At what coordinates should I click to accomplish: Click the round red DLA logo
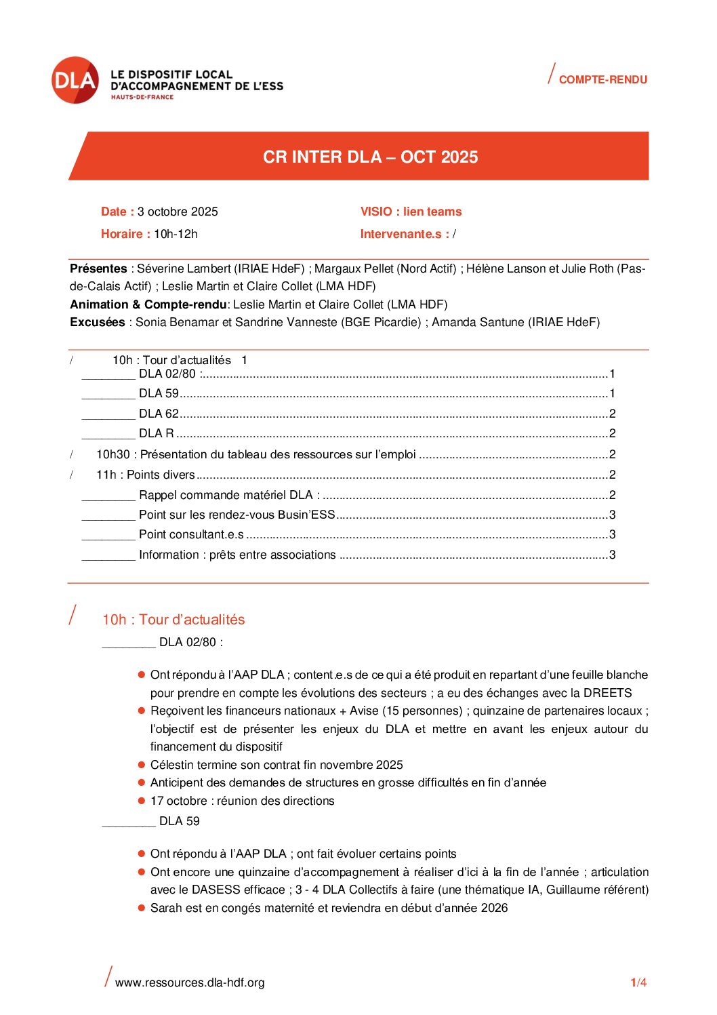[x=75, y=80]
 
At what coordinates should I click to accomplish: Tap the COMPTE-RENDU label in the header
[x=602, y=80]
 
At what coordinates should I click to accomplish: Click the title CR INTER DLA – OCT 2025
[x=370, y=157]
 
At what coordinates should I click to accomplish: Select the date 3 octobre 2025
[x=178, y=212]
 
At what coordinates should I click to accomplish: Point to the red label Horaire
[x=125, y=234]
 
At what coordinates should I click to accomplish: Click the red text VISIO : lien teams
[x=411, y=212]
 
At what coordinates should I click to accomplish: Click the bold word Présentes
[x=98, y=268]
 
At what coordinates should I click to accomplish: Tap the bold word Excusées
[x=98, y=322]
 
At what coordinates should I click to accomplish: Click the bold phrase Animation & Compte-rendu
[x=148, y=304]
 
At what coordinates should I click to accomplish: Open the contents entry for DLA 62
[x=159, y=414]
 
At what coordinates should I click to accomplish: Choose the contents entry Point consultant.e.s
[x=191, y=534]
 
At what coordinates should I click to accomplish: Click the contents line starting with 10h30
[x=256, y=454]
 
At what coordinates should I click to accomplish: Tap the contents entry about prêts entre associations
[x=237, y=555]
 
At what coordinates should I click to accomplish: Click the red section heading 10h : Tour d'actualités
[x=173, y=620]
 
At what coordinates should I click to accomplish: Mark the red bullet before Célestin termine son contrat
[x=142, y=765]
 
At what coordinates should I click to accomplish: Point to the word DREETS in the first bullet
[x=607, y=693]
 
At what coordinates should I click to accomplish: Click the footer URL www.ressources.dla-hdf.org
[x=190, y=982]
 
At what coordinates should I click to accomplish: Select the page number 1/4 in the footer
[x=638, y=982]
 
